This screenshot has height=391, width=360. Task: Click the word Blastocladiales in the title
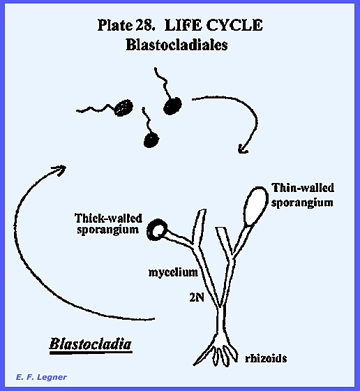[177, 45]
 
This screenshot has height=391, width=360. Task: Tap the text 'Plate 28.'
[126, 25]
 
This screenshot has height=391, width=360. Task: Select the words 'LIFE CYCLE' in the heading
[213, 25]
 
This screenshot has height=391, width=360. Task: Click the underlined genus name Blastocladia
[91, 344]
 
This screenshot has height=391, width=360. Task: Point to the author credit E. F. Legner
[41, 377]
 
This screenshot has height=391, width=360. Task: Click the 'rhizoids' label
[266, 358]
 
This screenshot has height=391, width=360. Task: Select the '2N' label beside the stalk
[197, 297]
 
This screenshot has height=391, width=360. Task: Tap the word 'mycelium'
[173, 272]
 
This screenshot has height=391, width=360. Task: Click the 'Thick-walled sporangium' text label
[108, 223]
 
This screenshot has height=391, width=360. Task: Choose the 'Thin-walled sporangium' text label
[303, 195]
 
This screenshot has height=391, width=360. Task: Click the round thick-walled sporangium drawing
[157, 230]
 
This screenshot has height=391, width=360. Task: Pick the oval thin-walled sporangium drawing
[255, 206]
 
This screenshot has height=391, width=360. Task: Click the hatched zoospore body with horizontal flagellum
[123, 108]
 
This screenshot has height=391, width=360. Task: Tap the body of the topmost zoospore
[172, 105]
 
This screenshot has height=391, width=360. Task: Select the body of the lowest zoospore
[151, 140]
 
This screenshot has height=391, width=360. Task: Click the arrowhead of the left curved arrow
[61, 170]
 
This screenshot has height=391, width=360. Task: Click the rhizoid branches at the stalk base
[216, 352]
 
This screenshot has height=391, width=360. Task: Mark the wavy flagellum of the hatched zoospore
[96, 109]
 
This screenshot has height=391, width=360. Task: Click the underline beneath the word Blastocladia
[91, 353]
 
